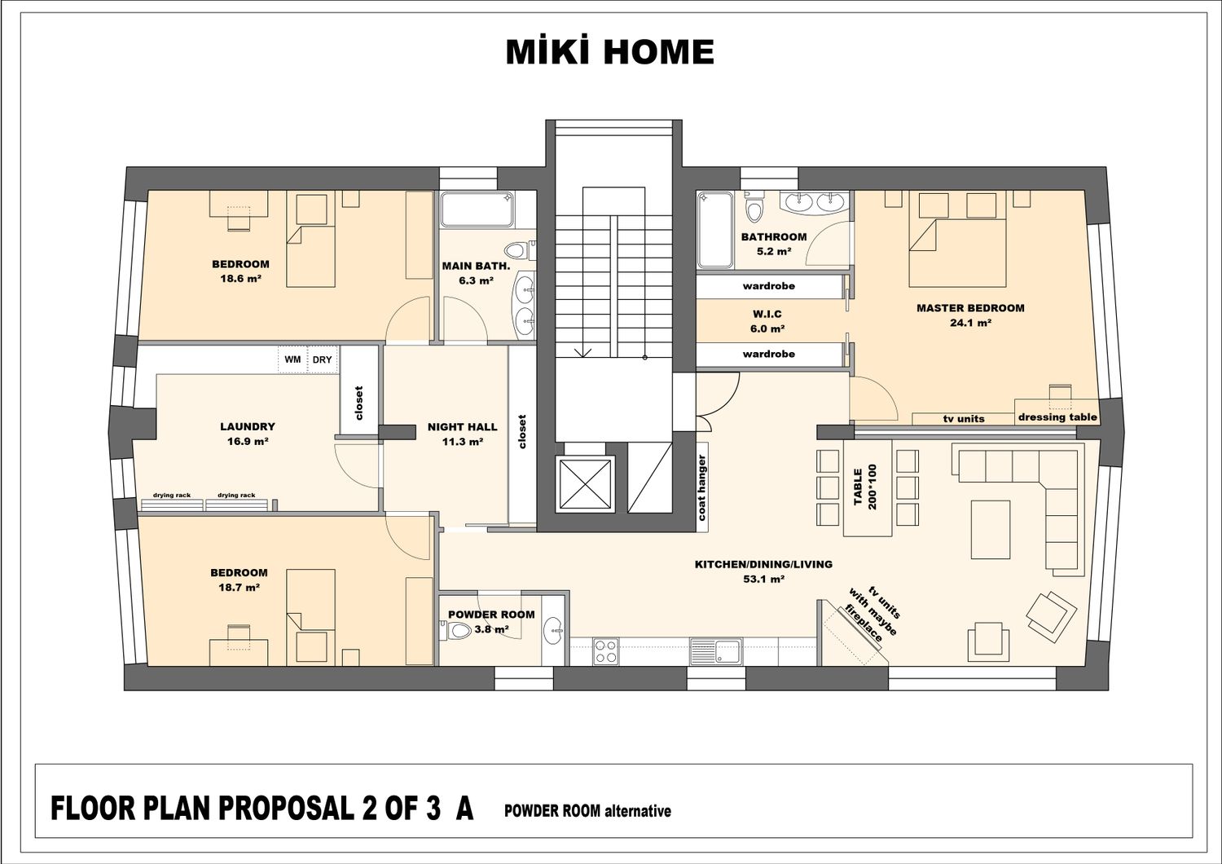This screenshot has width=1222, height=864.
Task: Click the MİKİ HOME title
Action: pyautogui.click(x=610, y=52)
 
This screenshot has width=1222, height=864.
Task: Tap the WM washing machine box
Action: pyautogui.click(x=293, y=359)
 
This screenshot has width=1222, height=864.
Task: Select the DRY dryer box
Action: pyautogui.click(x=323, y=359)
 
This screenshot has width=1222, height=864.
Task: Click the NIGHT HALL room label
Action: pyautogui.click(x=462, y=427)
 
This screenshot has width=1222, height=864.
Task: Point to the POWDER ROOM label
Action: pyautogui.click(x=491, y=614)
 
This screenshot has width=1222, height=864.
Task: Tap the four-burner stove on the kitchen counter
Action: pyautogui.click(x=606, y=652)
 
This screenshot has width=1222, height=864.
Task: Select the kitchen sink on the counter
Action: pyautogui.click(x=716, y=652)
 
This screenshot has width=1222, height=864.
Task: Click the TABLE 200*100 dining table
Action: pyautogui.click(x=868, y=488)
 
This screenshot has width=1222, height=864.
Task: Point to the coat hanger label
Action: pyautogui.click(x=701, y=487)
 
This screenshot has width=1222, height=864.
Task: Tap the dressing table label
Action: pyautogui.click(x=1057, y=417)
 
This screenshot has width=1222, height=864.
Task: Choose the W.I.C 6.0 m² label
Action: pyautogui.click(x=767, y=321)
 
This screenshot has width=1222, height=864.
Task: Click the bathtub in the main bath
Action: pyautogui.click(x=478, y=209)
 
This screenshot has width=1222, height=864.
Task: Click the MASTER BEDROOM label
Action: pyautogui.click(x=970, y=308)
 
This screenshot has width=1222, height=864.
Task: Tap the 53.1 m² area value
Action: pyautogui.click(x=764, y=579)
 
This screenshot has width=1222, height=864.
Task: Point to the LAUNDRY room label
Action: pyautogui.click(x=248, y=426)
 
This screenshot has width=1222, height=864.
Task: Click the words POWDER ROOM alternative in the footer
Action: pyautogui.click(x=587, y=811)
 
